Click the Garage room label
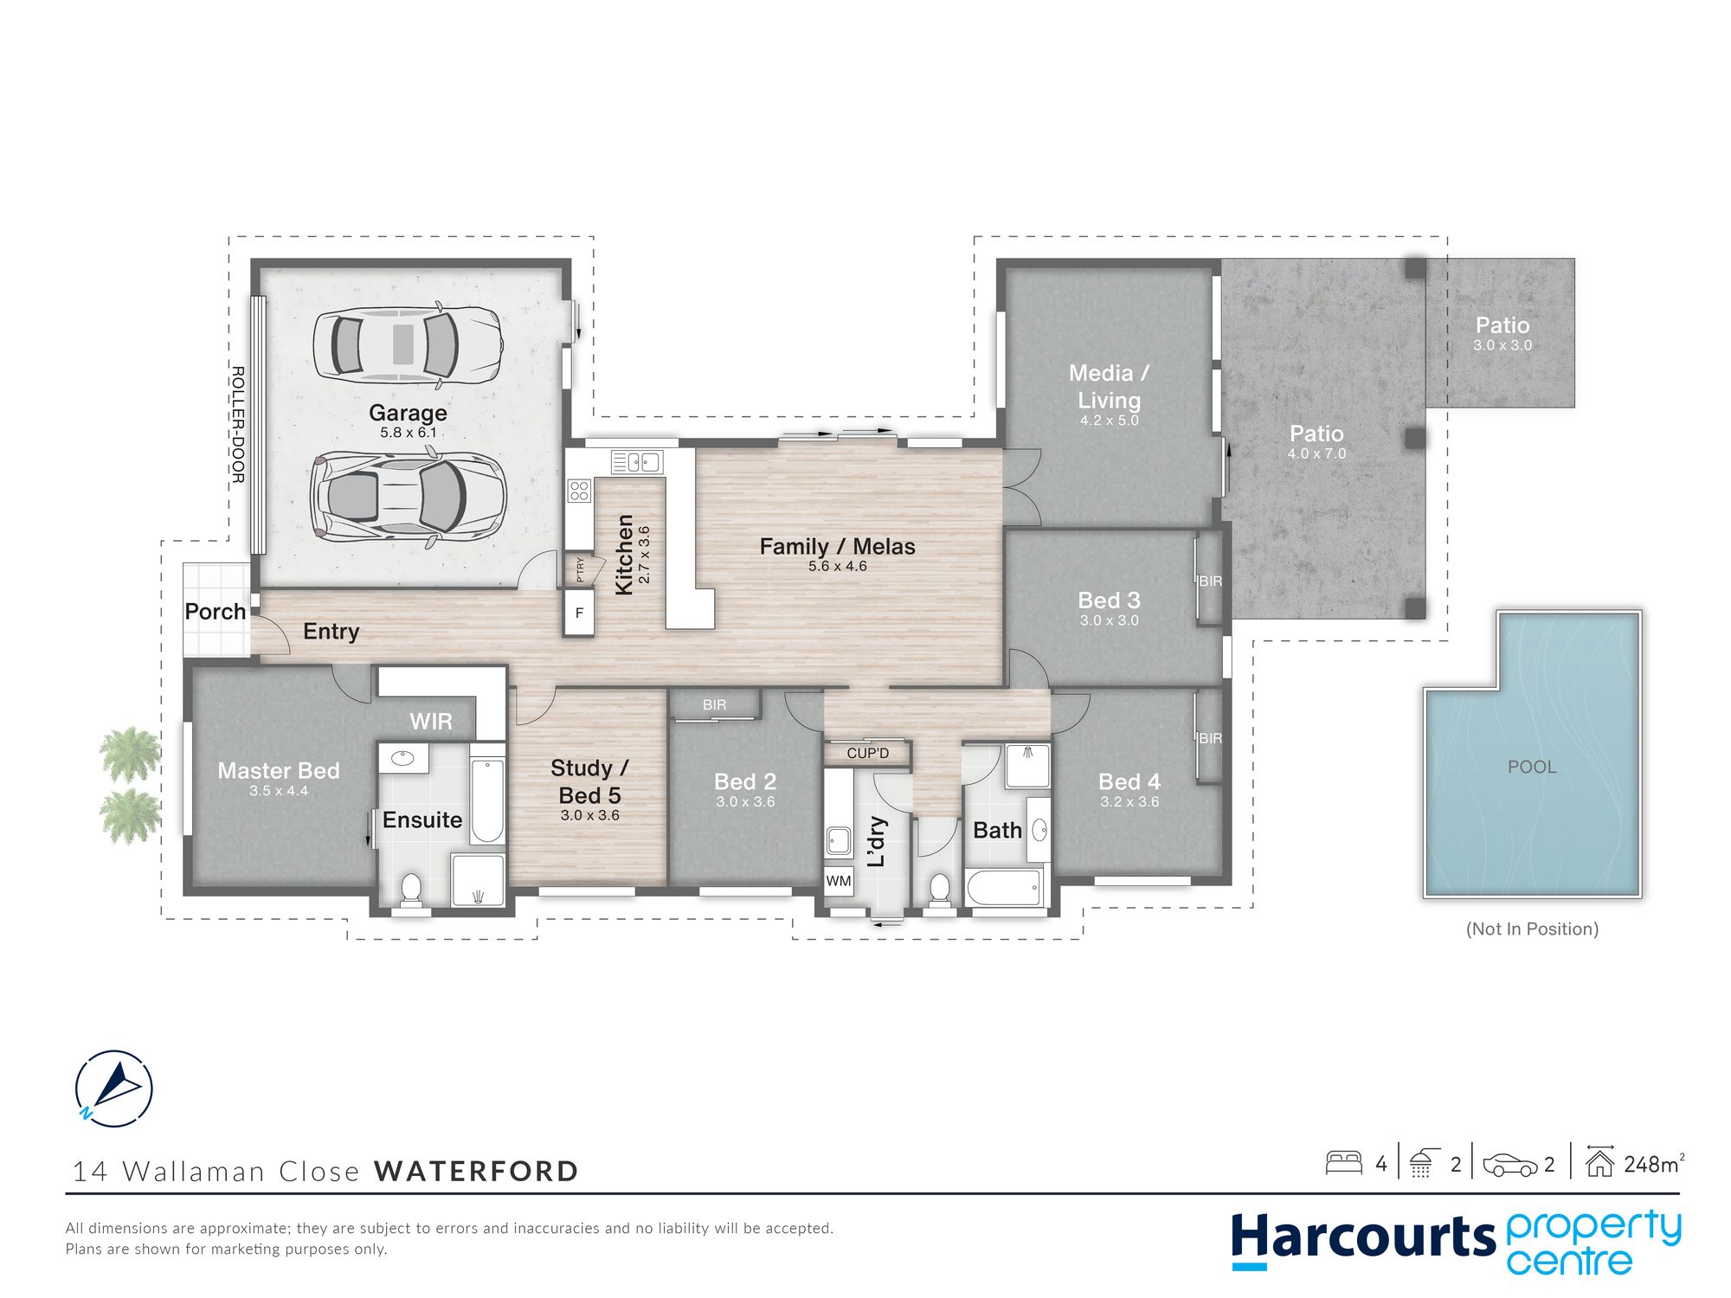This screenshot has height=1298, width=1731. [408, 413]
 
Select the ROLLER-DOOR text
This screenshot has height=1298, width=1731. [237, 424]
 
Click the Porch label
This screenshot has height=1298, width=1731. [216, 611]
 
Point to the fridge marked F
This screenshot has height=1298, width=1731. [579, 613]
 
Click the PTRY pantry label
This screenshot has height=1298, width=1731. [580, 569]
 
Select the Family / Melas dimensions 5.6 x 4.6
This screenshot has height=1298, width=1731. [837, 566]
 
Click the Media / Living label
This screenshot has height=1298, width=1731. [1109, 386]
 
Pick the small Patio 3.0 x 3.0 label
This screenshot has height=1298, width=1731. [1503, 332]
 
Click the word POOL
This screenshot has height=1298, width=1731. [1532, 767]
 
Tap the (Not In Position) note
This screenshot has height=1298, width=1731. [1532, 929]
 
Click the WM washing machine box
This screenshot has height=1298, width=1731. [839, 881]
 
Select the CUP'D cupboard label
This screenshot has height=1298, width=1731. [867, 753]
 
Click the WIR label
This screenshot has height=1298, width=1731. [431, 721]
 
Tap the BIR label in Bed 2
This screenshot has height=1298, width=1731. [714, 704]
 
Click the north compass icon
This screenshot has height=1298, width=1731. [114, 1089]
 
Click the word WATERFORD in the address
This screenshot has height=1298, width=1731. [477, 1171]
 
